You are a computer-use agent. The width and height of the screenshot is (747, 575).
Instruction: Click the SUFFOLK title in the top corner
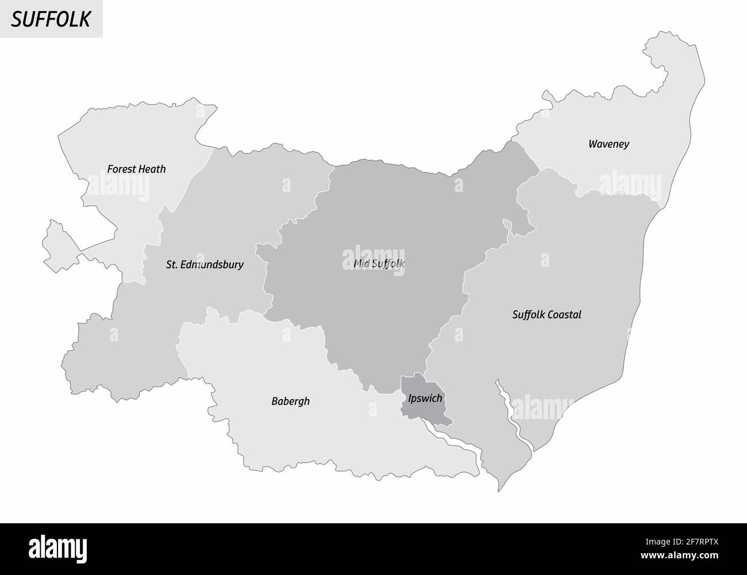point(51,19)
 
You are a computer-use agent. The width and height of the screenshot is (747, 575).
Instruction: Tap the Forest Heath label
point(136,169)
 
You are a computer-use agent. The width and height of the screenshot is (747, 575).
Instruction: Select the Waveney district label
point(609,144)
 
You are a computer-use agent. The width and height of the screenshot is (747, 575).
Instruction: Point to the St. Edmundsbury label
point(204,265)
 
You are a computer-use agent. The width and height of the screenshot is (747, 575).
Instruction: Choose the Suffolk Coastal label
point(546,315)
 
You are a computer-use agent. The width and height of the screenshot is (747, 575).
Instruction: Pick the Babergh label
point(290,401)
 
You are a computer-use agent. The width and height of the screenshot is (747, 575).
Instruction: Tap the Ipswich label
point(425,398)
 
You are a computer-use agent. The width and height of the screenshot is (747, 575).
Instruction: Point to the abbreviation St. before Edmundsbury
point(172,265)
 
